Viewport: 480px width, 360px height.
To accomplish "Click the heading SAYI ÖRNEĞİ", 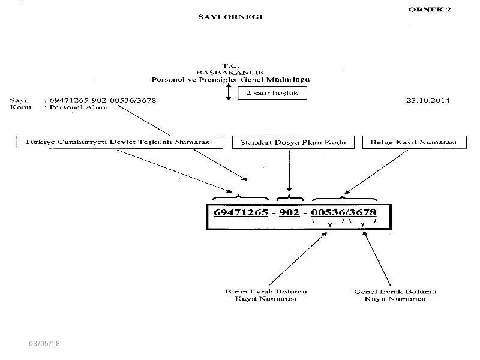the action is tap(230, 17).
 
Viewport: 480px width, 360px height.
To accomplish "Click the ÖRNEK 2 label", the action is tap(430, 9).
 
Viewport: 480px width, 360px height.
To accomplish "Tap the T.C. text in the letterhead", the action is tap(230, 65).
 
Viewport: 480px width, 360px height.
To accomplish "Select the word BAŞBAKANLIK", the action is tap(230, 73).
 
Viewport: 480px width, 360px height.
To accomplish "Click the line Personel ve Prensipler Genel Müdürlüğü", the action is tap(230, 80).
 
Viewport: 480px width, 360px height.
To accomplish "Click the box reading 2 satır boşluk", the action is tap(272, 93).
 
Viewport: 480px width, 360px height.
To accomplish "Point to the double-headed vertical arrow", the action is tap(229, 92).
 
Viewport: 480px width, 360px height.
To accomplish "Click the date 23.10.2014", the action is tap(428, 100).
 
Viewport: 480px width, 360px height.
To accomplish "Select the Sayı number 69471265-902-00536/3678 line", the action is tap(103, 100).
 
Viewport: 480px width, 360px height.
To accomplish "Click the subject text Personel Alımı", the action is tap(79, 107).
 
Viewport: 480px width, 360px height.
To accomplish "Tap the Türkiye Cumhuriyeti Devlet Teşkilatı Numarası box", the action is tap(119, 142).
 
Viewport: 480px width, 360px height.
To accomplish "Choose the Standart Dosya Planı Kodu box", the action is tap(293, 142).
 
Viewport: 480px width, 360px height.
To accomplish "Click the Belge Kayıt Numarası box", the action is tap(415, 142).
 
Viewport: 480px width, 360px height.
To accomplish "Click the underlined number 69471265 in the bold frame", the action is tap(241, 212).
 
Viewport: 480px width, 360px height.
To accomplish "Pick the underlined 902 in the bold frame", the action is tap(289, 212).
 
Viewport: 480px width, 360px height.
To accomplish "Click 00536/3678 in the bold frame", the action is tap(343, 212).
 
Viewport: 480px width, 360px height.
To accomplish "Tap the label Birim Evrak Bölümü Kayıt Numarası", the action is tap(266, 295).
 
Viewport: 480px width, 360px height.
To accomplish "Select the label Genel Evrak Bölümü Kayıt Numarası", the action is tap(395, 295).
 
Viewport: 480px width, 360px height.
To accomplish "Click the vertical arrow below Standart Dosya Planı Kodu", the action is tap(289, 171).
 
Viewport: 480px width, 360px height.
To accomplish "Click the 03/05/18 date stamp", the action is tap(44, 343).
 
